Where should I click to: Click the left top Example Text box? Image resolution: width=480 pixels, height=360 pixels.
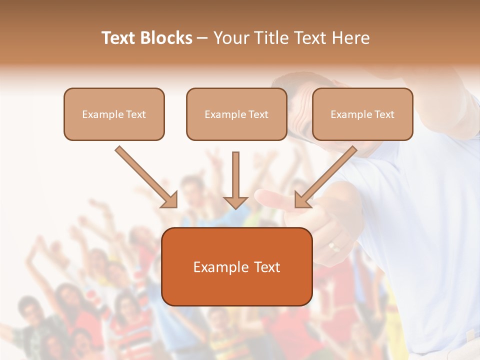click(114, 114)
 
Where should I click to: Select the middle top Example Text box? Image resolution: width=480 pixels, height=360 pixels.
click(236, 114)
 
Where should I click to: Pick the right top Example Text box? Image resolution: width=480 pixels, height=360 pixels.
click(362, 114)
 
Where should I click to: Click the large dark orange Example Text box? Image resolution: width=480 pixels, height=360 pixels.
click(236, 266)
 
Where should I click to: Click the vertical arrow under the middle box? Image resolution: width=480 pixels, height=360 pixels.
click(235, 175)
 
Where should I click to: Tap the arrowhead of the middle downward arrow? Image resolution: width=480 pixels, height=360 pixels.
click(235, 202)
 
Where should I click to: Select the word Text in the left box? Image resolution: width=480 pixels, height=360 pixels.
click(136, 114)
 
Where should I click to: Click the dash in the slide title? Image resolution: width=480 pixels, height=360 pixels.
click(202, 38)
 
